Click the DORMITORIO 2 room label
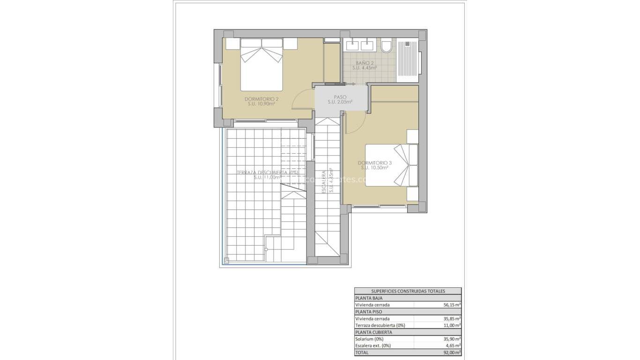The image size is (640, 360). click(x=261, y=99)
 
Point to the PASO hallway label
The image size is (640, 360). click(x=340, y=97)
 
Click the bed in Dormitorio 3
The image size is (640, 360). click(x=391, y=165)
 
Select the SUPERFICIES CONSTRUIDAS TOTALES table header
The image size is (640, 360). click(x=408, y=291)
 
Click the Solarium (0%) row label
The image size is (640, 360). click(x=370, y=339)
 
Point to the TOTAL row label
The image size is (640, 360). click(x=362, y=352)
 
